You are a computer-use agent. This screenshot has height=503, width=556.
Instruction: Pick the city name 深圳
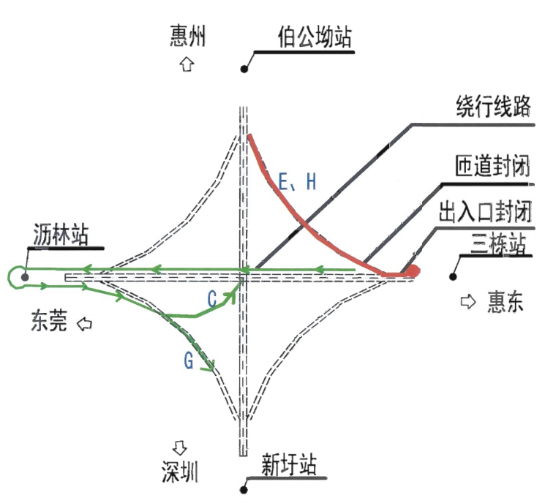[x=180, y=472]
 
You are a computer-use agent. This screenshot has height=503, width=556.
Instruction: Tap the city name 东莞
[x=48, y=321]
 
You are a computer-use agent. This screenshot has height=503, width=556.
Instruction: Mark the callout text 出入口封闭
[x=484, y=213]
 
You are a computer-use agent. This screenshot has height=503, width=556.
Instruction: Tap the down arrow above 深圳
[x=179, y=445]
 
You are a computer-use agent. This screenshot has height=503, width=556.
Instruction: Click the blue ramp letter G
[x=189, y=360]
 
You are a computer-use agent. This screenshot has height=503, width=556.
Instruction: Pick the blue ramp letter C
[x=211, y=300]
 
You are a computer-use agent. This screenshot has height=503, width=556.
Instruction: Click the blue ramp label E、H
[x=298, y=182]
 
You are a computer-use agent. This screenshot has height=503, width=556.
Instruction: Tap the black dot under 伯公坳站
[x=244, y=69]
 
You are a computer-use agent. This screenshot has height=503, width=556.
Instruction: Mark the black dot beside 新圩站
[x=243, y=489]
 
